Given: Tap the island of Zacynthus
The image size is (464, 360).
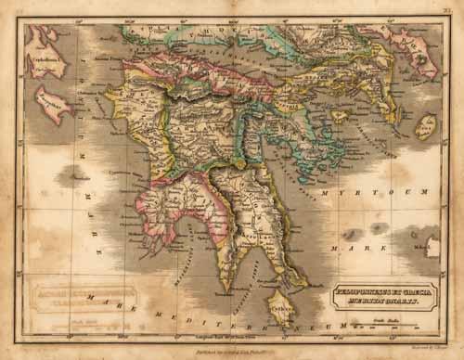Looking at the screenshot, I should pos(53,104).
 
